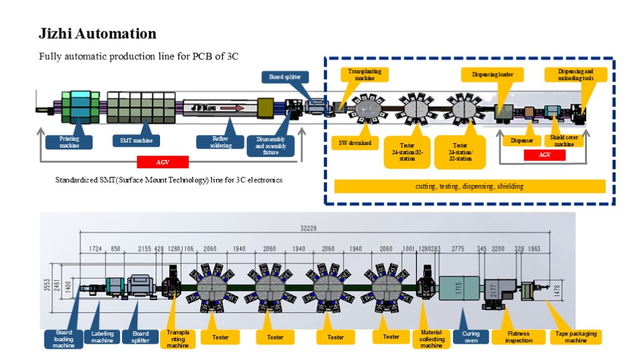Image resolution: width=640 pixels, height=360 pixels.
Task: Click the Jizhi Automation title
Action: tap(97, 34)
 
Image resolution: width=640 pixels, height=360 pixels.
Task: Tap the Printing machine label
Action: tap(69, 142)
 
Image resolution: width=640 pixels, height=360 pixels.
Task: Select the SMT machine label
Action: tap(136, 141)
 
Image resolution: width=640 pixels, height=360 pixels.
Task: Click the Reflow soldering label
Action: tap(220, 142)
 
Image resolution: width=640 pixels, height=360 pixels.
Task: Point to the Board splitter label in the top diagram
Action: tap(284, 77)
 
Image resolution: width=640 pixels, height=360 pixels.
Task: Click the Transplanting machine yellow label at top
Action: tap(364, 74)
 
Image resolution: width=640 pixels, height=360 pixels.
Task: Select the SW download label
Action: tap(354, 143)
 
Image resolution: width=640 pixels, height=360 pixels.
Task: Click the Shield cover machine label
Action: tap(564, 141)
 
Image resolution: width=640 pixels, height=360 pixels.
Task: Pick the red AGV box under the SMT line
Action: tap(162, 162)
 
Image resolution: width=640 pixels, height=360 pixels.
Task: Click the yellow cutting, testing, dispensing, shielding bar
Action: tap(469, 186)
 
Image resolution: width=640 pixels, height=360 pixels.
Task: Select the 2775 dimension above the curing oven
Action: tap(458, 249)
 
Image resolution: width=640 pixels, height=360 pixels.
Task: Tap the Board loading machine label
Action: tap(63, 339)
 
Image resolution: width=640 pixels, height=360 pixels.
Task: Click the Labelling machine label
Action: tap(102, 337)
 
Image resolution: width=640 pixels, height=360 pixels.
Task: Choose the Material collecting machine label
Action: tap(431, 339)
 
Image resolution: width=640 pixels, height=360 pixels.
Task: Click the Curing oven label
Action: tap(471, 337)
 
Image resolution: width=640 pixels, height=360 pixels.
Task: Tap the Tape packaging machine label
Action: tap(576, 337)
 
